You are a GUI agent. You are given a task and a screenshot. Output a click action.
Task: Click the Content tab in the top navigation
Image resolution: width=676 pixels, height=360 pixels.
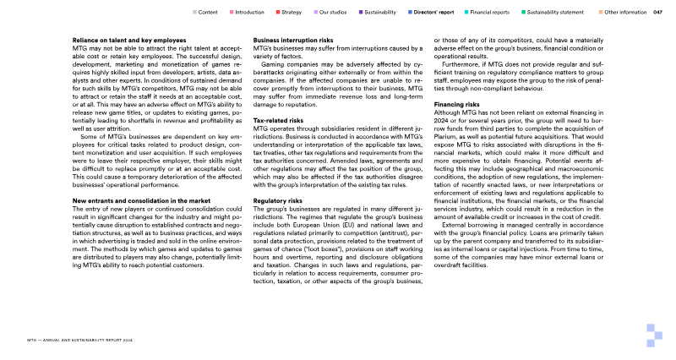click(209, 13)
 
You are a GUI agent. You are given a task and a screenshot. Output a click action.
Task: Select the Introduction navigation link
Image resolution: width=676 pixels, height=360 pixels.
click(249, 13)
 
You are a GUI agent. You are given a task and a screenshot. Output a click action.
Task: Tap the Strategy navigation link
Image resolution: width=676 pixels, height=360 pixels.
click(292, 13)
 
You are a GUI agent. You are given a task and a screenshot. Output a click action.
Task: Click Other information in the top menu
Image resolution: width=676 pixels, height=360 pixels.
click(626, 13)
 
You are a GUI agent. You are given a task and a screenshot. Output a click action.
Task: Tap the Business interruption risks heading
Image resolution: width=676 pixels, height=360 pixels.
click(292, 40)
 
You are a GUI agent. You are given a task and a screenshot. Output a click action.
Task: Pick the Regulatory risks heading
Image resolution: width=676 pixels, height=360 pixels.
click(278, 201)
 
